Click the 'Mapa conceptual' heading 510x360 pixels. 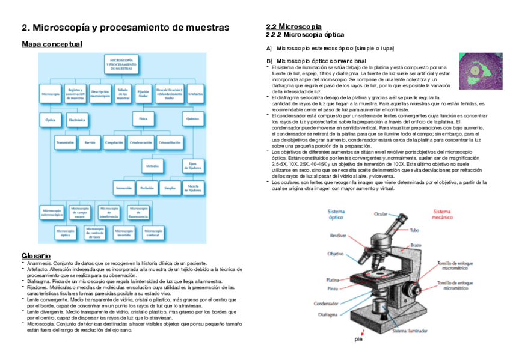tap(52, 44)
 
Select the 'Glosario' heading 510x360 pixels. tap(35, 256)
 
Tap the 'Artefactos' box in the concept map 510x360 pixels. tap(195, 94)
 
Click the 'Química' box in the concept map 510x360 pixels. tap(192, 119)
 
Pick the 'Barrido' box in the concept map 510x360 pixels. tap(90, 143)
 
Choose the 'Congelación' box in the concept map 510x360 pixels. tap(114, 143)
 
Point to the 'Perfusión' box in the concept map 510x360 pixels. tap(147, 188)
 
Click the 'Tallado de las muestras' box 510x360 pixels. tap(123, 94)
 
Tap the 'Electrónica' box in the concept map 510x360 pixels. tap(76, 120)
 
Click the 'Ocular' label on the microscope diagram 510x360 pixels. tap(381, 213)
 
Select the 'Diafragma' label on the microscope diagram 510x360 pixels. tap(328, 314)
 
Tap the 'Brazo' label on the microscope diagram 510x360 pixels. tap(415, 245)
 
